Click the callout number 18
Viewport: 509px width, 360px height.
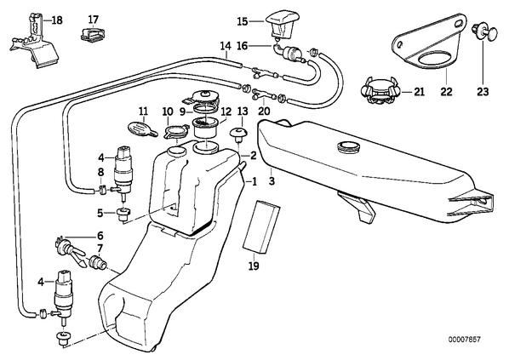tap(57, 20)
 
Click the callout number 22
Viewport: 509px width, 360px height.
tap(446, 92)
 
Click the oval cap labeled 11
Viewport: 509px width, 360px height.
tap(142, 129)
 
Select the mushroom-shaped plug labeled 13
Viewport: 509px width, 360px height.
tap(239, 134)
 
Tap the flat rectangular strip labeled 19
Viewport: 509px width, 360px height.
tap(261, 227)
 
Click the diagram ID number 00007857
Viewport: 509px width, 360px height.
tap(464, 340)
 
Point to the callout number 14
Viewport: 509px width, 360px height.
tap(226, 46)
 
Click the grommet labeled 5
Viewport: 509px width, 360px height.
tap(123, 215)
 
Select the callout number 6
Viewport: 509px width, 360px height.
tap(100, 236)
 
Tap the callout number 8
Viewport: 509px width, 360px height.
tap(100, 172)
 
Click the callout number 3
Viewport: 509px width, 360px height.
tap(272, 180)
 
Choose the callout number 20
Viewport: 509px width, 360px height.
tap(264, 111)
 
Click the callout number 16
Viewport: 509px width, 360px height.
tap(243, 46)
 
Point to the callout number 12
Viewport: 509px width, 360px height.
tap(226, 112)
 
